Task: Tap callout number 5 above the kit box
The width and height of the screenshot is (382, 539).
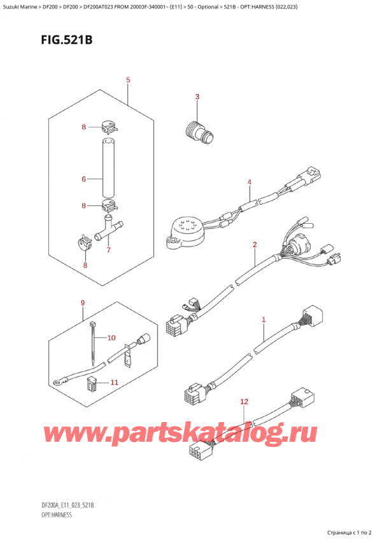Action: [x=128, y=80]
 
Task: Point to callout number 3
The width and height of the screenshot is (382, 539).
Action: [x=197, y=97]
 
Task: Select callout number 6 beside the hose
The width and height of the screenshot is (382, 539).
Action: [x=83, y=180]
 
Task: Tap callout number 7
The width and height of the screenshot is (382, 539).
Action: [x=109, y=250]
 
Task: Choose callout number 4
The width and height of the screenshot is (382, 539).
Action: [x=250, y=183]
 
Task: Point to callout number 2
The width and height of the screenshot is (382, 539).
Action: [x=254, y=244]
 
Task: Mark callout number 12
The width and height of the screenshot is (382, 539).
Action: [x=244, y=402]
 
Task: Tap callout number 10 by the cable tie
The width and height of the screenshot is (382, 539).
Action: [x=111, y=338]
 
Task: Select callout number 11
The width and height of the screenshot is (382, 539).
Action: [x=115, y=382]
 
